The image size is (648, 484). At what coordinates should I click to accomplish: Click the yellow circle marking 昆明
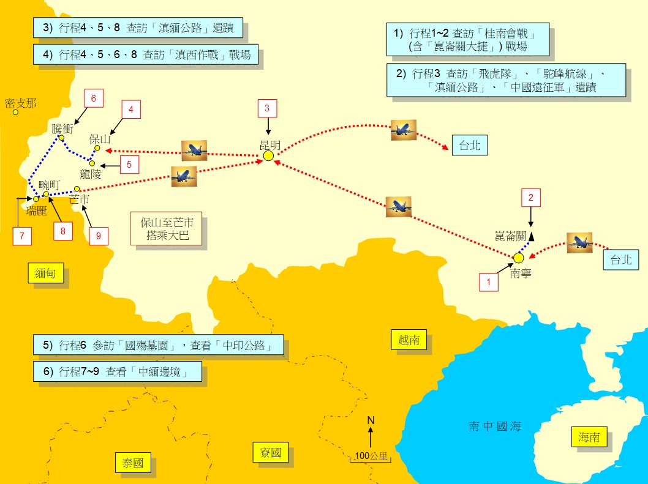tap(268, 156)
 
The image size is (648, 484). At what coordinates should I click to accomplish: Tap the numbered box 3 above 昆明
tap(267, 109)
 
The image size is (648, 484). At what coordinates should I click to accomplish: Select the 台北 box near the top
tap(470, 145)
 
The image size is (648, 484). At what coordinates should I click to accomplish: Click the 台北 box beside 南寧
tap(620, 260)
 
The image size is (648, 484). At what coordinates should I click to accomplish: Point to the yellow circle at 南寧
tap(519, 258)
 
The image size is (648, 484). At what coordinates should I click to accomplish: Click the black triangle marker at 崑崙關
tap(531, 236)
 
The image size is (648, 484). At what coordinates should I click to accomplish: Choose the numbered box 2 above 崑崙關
tap(531, 198)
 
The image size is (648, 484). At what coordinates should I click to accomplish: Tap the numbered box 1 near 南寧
tap(488, 282)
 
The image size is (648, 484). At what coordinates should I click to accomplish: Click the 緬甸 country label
tap(45, 274)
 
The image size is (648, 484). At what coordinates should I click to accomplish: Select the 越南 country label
tap(409, 340)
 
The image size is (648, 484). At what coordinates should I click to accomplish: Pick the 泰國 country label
tap(133, 463)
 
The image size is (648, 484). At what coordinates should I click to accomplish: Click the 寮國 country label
tap(270, 453)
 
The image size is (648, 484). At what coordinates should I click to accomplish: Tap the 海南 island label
tap(593, 437)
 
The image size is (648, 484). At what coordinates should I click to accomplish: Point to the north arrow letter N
tap(371, 420)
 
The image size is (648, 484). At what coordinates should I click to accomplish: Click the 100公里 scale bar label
tap(371, 456)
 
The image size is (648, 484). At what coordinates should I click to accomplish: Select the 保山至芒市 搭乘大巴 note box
tap(167, 229)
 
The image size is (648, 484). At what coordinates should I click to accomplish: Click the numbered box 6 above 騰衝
tap(94, 98)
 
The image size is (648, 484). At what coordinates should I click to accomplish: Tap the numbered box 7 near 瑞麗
tap(21, 236)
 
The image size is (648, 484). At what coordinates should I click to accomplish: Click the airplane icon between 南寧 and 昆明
tap(399, 207)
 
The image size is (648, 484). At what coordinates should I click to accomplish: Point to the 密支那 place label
tap(20, 103)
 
